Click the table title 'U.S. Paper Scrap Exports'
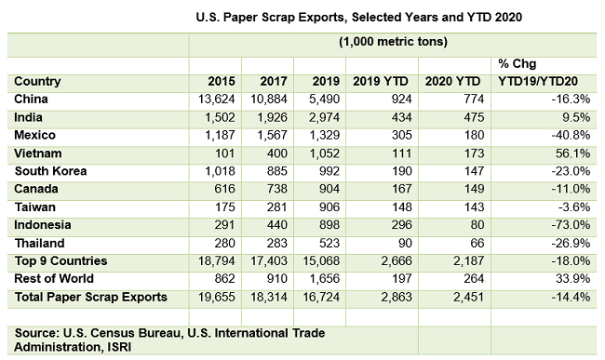pos(303,17)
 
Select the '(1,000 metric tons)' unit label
pos(395,43)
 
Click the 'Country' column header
pos(38,80)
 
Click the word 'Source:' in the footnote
pos(38,332)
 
